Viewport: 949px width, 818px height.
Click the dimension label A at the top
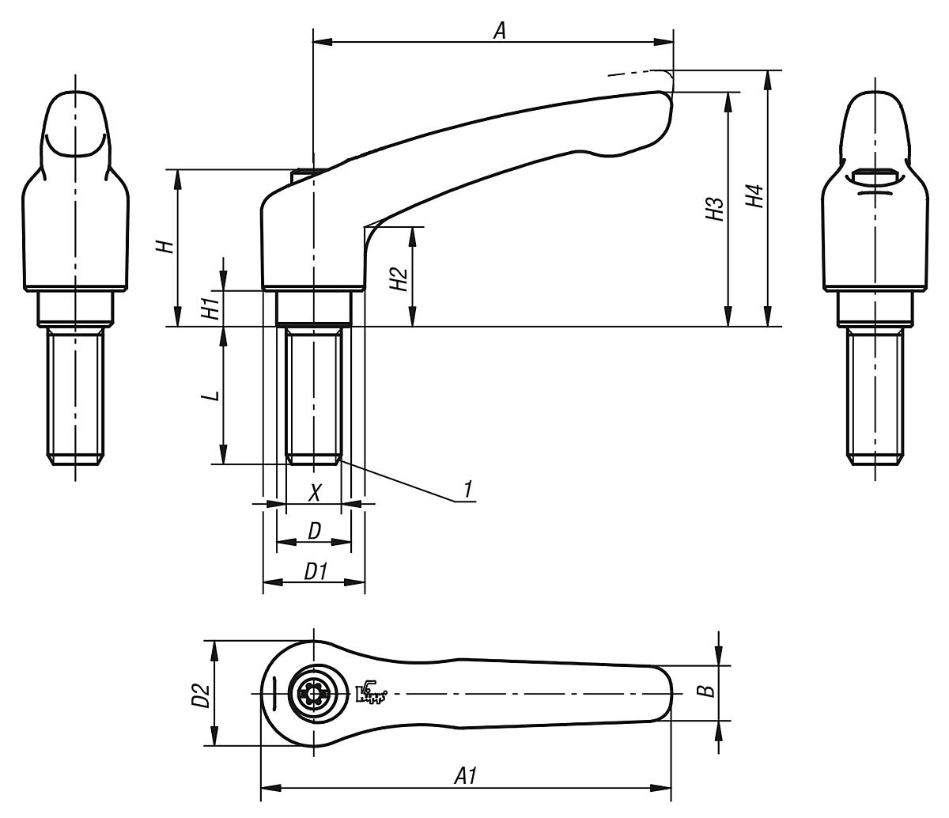pyautogui.click(x=499, y=31)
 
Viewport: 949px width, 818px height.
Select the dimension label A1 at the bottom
pyautogui.click(x=465, y=776)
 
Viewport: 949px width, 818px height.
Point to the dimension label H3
pyautogui.click(x=715, y=208)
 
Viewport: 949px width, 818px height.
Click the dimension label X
pyautogui.click(x=315, y=493)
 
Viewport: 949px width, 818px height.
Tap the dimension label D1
pyautogui.click(x=316, y=572)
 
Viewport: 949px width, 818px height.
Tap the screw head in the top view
pyautogui.click(x=315, y=694)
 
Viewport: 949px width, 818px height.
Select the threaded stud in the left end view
pyautogui.click(x=75, y=396)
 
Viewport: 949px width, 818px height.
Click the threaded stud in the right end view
pyautogui.click(x=875, y=396)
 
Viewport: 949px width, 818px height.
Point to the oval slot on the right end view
pyautogui.click(x=875, y=176)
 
